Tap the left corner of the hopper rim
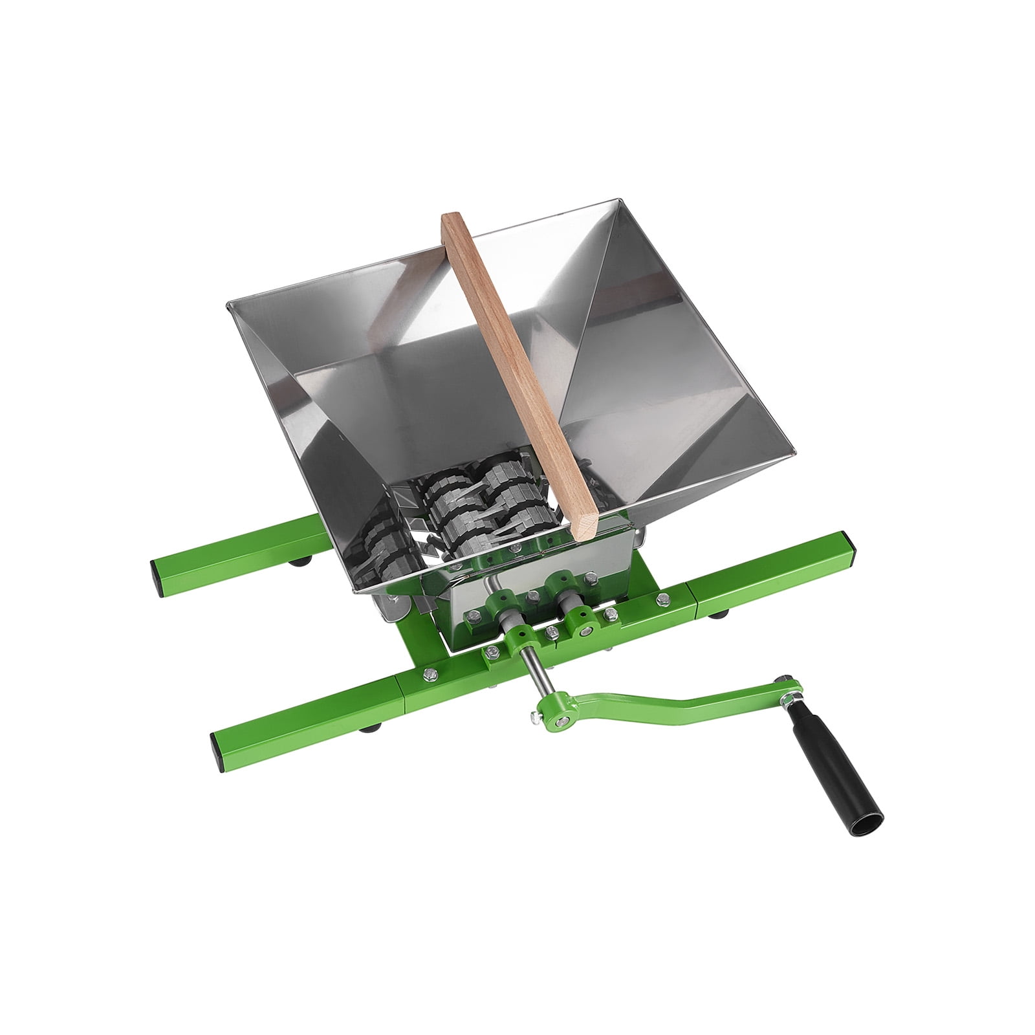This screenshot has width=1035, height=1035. point(228,304)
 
